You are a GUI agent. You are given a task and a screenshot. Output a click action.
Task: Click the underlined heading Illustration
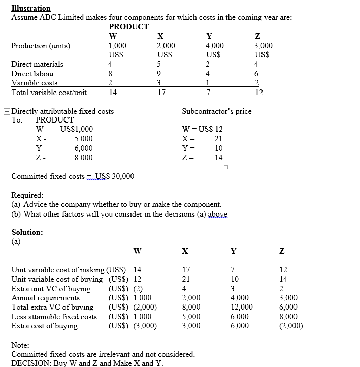pos(31,8)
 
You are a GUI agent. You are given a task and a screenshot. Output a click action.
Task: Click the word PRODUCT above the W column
pos(129,26)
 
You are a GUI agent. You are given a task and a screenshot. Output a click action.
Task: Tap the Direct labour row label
pos(33,74)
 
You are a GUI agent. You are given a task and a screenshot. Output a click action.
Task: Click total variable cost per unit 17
pos(161,93)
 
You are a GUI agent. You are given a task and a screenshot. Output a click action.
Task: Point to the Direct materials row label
pos(38,64)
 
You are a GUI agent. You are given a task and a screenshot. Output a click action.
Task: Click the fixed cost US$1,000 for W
pos(76,130)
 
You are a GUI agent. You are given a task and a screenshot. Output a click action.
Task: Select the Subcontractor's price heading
pos(216,111)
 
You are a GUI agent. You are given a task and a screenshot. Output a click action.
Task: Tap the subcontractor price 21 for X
pos(218,139)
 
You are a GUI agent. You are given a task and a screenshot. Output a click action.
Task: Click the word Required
pos(27,195)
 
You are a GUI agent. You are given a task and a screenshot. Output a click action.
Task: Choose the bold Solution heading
pos(27,232)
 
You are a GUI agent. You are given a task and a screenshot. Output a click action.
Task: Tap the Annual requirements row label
pos(45,298)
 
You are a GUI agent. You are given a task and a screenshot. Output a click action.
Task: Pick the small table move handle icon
pos(6,111)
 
